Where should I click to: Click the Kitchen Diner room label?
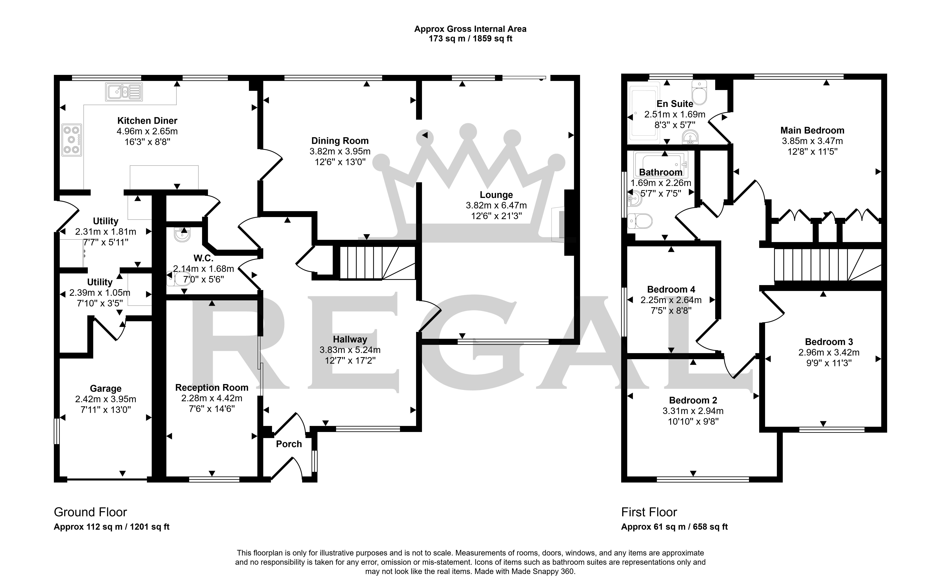coord(147,121)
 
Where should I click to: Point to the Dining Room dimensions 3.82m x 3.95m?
coord(340,151)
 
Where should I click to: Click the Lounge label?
coord(496,195)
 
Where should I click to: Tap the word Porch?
coord(289,444)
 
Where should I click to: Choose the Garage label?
coord(106,388)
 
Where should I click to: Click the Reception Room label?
coord(212,388)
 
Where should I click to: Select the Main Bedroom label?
coord(812,130)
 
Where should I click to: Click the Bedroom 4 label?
coord(671,289)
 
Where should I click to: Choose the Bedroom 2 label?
coord(693,400)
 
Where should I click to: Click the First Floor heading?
coord(649,512)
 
